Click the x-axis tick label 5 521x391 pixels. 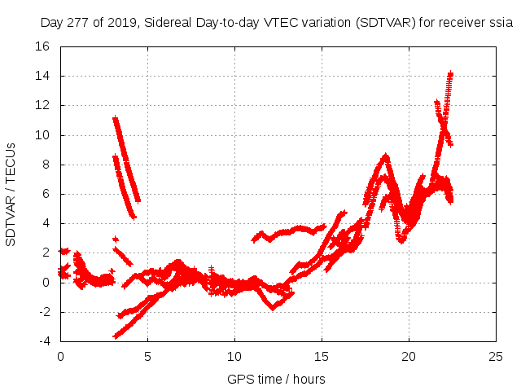pyautogui.click(x=147, y=356)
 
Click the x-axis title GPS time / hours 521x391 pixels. pyautogui.click(x=276, y=379)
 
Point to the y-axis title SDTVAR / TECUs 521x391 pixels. pyautogui.click(x=11, y=194)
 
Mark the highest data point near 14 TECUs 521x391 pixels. pyautogui.click(x=450, y=73)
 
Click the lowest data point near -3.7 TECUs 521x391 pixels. pyautogui.click(x=116, y=336)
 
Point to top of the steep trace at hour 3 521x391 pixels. pyautogui.click(x=115, y=118)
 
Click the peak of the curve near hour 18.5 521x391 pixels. pyautogui.click(x=385, y=155)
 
